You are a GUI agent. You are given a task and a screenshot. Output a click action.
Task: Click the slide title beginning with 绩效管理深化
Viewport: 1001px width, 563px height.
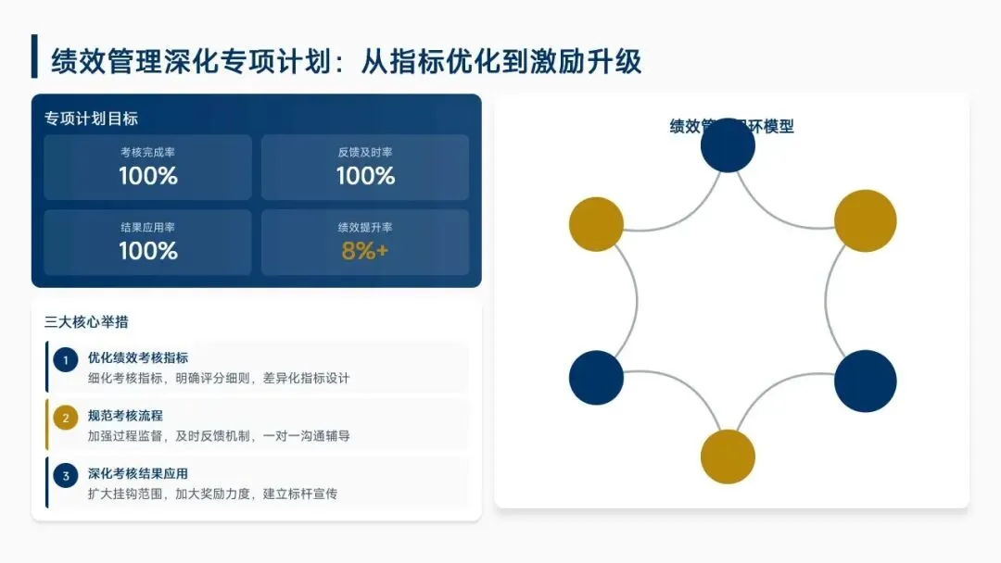coord(346,61)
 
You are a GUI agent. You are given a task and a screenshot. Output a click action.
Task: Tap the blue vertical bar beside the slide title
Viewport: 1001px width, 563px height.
coord(34,57)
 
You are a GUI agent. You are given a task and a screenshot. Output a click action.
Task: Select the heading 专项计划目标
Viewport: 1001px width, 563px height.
coord(91,119)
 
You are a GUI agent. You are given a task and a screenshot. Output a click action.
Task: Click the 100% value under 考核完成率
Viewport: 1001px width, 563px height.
coord(147,176)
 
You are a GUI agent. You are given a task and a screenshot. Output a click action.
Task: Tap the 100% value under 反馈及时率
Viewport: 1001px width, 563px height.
coord(365,176)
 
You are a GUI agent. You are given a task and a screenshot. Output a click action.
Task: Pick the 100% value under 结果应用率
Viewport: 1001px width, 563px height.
coord(147,251)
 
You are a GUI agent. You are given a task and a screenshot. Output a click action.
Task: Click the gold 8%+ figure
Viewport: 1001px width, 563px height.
coord(365,251)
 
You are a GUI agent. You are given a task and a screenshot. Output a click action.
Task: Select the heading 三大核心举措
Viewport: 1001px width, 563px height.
coord(86,322)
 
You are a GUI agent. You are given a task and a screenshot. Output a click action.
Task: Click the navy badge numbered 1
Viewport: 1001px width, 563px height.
coord(65,360)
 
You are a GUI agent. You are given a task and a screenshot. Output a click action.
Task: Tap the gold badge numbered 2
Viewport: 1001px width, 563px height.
coord(65,419)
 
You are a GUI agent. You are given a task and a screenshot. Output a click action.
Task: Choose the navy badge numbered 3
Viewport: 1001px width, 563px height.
coord(65,477)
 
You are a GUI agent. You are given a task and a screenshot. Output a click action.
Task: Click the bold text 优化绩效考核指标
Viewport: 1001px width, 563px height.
coord(138,357)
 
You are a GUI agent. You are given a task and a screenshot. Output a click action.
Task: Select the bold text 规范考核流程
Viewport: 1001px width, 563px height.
coord(125,416)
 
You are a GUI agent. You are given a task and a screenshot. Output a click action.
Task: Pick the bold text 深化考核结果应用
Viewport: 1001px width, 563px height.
coord(138,474)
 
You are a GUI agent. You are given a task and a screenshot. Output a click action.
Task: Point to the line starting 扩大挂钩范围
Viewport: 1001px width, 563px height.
coord(212,494)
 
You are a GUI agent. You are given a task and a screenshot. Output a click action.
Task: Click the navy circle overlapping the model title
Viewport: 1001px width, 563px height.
coord(728,145)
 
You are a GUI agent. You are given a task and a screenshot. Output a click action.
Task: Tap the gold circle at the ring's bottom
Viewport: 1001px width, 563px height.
coord(728,457)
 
